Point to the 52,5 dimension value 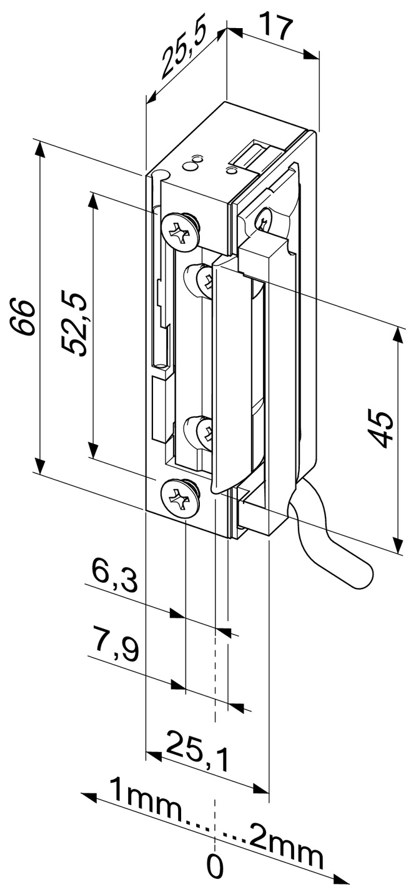76,323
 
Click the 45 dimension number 382,429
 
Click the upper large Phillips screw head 180,231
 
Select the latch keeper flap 226,375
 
